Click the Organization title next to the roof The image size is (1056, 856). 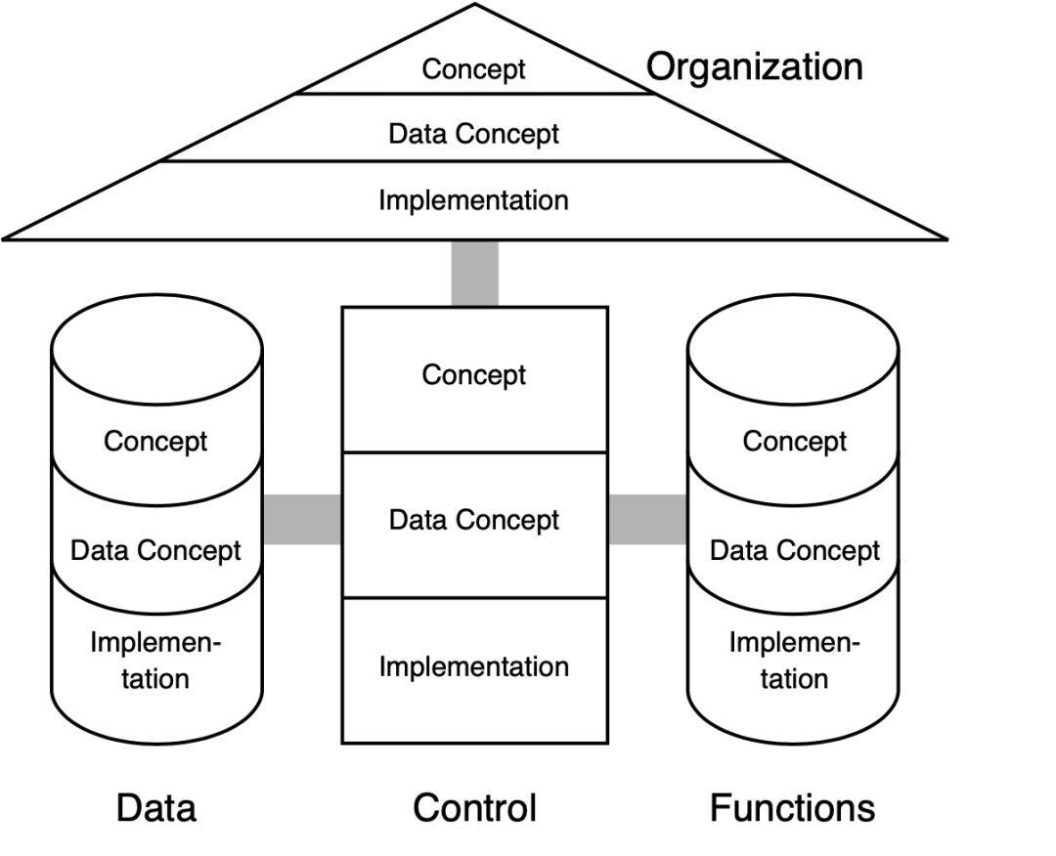coord(755,67)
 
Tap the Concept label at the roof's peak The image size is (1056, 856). coord(474,69)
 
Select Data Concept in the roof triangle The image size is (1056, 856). coord(474,133)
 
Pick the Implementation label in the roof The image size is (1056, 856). coord(474,200)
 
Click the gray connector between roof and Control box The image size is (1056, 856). coord(475,273)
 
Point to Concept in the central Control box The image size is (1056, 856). coord(474,375)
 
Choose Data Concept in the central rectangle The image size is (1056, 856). coord(474,520)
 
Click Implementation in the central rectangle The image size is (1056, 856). coord(474,667)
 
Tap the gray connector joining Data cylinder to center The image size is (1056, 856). coord(302,519)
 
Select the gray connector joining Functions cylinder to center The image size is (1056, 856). coord(647,519)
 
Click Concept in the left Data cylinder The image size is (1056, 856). coord(156,441)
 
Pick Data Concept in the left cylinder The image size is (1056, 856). coord(156,550)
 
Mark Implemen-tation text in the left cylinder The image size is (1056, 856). coord(156,661)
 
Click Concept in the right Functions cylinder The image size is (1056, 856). coord(794,441)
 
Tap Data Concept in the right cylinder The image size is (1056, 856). coord(794,550)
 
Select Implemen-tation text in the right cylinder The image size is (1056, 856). coord(794,661)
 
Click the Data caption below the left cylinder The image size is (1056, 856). coord(156,808)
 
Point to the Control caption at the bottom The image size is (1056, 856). coord(474,808)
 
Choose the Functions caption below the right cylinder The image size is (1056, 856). coord(792,808)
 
